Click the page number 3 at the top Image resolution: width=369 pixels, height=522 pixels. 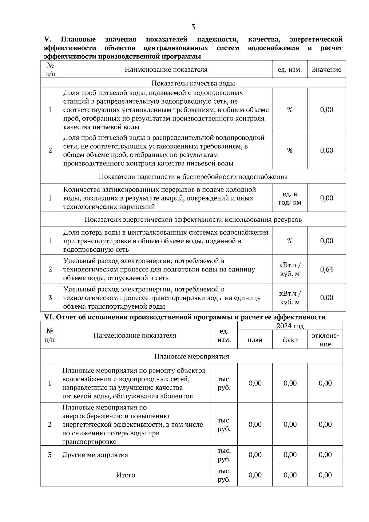click(x=193, y=27)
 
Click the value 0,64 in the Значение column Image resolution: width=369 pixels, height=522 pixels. click(x=327, y=269)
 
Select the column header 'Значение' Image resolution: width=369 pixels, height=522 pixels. click(x=327, y=69)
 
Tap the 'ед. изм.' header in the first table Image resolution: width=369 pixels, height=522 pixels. click(x=290, y=69)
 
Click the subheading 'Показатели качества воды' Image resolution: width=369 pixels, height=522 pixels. click(x=193, y=83)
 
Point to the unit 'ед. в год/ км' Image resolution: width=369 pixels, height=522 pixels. click(x=290, y=198)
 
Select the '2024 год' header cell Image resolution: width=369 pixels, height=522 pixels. click(x=290, y=326)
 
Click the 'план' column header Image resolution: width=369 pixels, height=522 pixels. click(x=255, y=340)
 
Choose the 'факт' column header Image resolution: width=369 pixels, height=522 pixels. click(x=290, y=340)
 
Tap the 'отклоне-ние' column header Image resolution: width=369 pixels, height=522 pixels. click(x=325, y=340)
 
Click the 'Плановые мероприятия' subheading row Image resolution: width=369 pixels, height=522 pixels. click(x=192, y=356)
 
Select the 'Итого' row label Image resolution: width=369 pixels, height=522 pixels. click(x=125, y=475)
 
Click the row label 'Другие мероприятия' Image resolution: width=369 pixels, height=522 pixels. click(x=95, y=455)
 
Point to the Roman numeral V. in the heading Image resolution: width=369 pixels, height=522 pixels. click(x=47, y=39)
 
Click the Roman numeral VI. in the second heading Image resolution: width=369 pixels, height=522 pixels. click(x=49, y=317)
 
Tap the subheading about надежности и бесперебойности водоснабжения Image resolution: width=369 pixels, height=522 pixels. click(x=193, y=177)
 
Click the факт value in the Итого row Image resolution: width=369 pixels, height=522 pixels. click(x=290, y=475)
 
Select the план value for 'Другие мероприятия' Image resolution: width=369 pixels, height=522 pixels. click(x=255, y=455)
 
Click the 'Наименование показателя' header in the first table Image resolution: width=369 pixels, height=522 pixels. click(x=166, y=69)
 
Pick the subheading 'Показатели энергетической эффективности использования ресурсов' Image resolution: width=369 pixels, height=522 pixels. click(x=193, y=219)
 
